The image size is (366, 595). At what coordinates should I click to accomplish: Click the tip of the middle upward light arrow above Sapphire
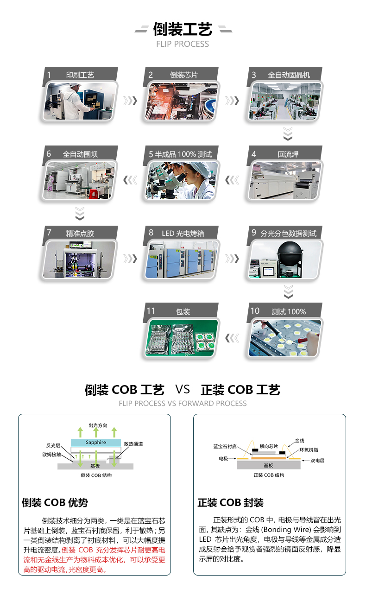coord(96,427)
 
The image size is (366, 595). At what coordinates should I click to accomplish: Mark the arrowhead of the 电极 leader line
coord(236,458)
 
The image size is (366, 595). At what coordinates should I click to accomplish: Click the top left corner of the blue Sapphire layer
coord(71,439)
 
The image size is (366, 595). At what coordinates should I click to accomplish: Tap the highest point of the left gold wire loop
coord(251,441)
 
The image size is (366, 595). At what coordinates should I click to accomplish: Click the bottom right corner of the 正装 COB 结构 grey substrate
coord(300,469)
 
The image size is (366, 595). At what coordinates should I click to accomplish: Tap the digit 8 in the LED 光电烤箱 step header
coord(151,233)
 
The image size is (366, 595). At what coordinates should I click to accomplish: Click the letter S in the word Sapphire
coord(87,442)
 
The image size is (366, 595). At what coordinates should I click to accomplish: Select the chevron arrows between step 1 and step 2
coord(130,101)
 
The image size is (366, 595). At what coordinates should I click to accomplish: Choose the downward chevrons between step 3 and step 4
coord(288,133)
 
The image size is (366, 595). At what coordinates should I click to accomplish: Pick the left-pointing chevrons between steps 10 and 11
coord(232,338)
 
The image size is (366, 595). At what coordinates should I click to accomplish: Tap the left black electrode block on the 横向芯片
coord(255,450)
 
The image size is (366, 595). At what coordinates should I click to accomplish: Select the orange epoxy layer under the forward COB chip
coord(269,458)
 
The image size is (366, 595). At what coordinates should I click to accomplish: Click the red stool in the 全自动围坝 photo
coord(93,194)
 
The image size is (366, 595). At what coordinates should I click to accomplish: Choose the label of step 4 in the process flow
coord(288,154)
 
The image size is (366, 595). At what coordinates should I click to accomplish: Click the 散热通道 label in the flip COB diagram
coord(133,444)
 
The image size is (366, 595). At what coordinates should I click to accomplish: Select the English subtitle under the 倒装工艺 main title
coord(183,44)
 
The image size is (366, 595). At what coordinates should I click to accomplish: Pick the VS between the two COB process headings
coord(183,389)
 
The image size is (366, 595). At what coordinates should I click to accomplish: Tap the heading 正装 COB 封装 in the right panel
coord(230,503)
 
